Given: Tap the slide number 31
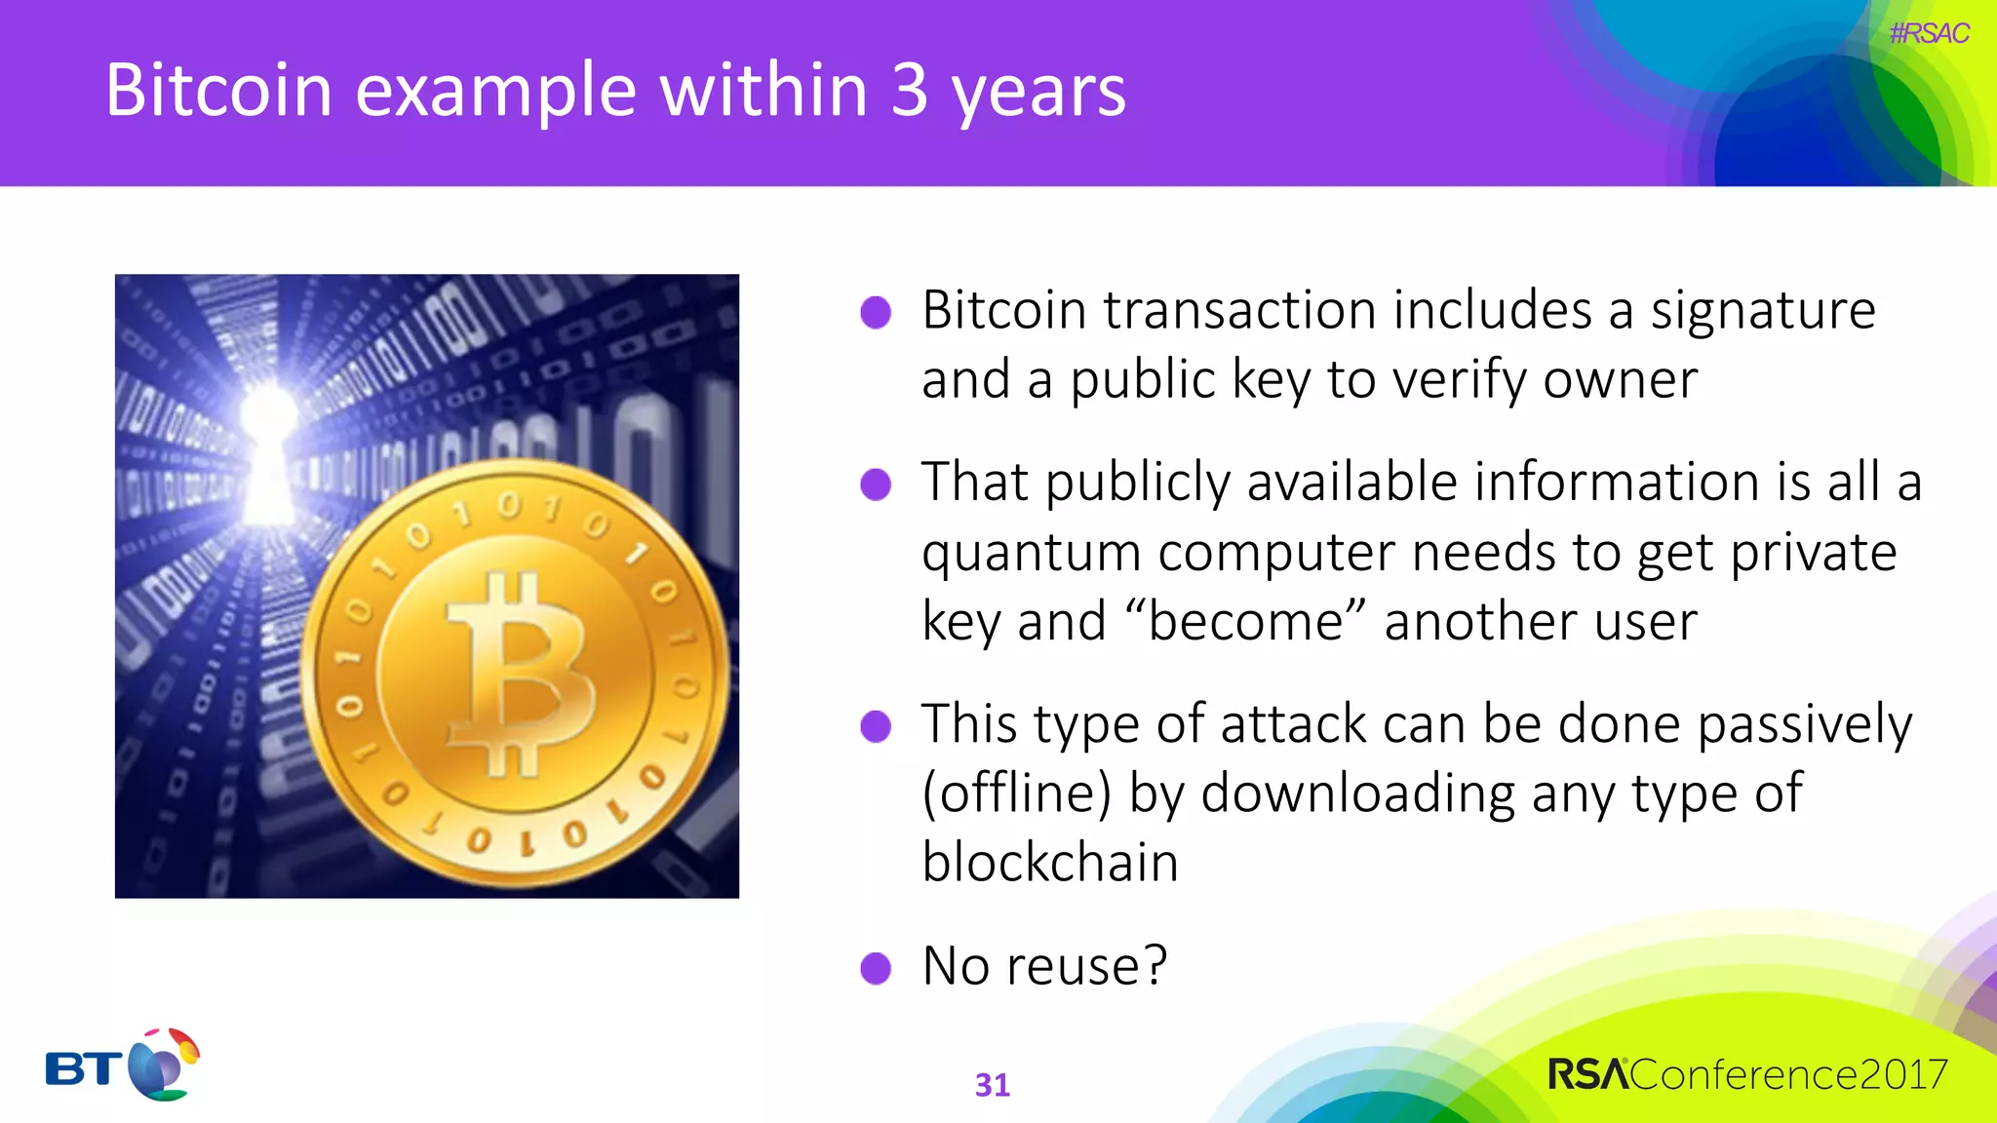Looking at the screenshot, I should click(x=992, y=1085).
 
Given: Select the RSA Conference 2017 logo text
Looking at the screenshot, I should click(x=1746, y=1074).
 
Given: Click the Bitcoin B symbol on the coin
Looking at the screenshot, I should click(x=519, y=673).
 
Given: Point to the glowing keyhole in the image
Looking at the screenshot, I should click(x=269, y=453).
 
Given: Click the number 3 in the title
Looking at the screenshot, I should click(x=909, y=91).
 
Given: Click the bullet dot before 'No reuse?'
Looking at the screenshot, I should click(x=876, y=968).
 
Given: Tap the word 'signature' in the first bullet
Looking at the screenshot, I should click(x=1762, y=311).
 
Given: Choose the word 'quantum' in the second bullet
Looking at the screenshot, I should click(x=1031, y=553).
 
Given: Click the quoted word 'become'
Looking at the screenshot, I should click(x=1244, y=621).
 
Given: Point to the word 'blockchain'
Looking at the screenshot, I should click(x=1050, y=863).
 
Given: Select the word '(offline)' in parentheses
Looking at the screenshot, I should click(x=1016, y=793).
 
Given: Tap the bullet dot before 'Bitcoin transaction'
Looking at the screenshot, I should click(x=876, y=313).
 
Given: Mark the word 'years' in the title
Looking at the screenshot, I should click(x=1038, y=91).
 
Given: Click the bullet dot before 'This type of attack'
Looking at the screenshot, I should click(x=876, y=726).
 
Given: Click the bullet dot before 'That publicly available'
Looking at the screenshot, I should click(x=876, y=484).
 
